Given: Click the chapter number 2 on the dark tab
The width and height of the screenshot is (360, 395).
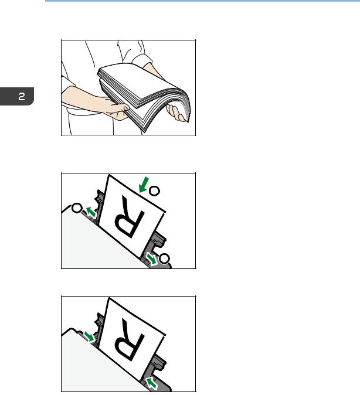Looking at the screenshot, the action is (x=22, y=97).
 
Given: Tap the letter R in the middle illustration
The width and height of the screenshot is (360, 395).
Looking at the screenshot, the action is (x=129, y=217).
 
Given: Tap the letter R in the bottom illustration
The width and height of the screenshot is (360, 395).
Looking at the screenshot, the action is (x=129, y=340).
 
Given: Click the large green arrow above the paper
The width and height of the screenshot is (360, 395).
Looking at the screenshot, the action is (x=144, y=185).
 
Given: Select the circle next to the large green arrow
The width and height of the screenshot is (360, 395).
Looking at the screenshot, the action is (x=154, y=191).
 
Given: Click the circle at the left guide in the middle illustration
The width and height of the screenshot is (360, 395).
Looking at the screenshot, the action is (x=77, y=208).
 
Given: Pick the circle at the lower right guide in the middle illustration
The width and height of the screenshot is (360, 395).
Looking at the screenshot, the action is (x=164, y=258).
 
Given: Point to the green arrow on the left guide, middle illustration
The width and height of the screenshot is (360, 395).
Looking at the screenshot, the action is (x=91, y=212).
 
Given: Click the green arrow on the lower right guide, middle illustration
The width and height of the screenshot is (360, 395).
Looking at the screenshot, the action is (x=152, y=259).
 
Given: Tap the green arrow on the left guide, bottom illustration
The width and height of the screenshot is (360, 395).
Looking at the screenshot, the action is (x=89, y=336).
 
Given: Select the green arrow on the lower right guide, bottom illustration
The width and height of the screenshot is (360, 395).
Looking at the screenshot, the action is (x=151, y=383).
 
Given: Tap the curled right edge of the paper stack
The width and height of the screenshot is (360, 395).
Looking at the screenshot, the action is (x=185, y=103).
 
